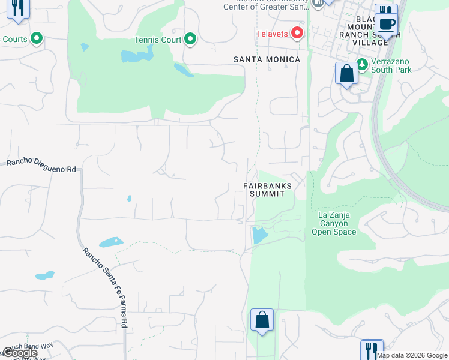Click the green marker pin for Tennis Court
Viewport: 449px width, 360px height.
pyautogui.click(x=190, y=40)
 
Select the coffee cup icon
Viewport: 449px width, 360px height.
pyautogui.click(x=387, y=25)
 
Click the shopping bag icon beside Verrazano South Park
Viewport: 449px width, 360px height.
pyautogui.click(x=346, y=74)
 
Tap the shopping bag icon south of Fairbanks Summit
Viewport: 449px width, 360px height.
pyautogui.click(x=262, y=320)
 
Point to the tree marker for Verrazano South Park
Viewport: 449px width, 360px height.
pyautogui.click(x=362, y=64)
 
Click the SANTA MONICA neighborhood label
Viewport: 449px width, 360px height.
pyautogui.click(x=267, y=59)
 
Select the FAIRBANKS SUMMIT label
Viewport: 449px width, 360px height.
pyautogui.click(x=268, y=190)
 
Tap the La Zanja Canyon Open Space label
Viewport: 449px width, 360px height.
pyautogui.click(x=334, y=223)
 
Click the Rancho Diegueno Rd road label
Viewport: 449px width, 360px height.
pyautogui.click(x=41, y=166)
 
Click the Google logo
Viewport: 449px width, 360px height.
pyautogui.click(x=20, y=353)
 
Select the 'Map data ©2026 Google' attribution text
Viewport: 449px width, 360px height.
pyautogui.click(x=412, y=355)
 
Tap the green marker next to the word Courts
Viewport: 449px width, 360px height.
pyautogui.click(x=37, y=40)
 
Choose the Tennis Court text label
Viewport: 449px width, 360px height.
pyautogui.click(x=157, y=40)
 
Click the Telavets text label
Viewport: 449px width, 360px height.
pyautogui.click(x=273, y=34)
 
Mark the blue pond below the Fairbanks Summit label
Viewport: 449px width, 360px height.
pyautogui.click(x=259, y=235)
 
